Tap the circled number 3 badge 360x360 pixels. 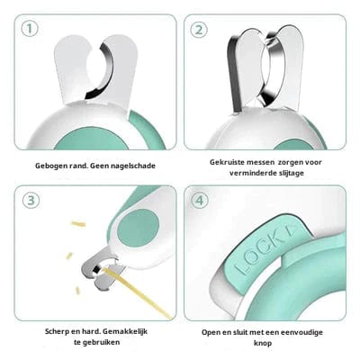coord(31,200)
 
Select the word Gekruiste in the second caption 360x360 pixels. coord(229,161)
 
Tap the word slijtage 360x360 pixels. coord(300,174)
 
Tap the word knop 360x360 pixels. coord(265,345)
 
